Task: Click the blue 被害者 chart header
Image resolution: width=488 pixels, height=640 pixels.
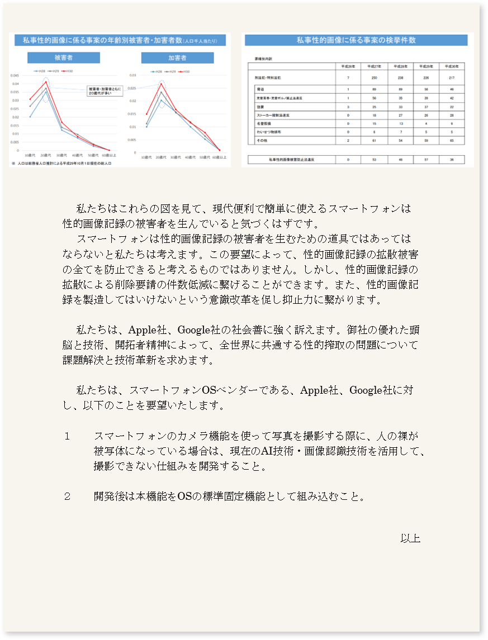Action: click(x=64, y=58)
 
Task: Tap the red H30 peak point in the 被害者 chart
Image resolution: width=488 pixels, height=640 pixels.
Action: click(x=46, y=82)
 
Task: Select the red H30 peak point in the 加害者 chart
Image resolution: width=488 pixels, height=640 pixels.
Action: click(x=162, y=84)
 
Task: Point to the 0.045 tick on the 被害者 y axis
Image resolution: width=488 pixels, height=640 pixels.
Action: click(x=16, y=75)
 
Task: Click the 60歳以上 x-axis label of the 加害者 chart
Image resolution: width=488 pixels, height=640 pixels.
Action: click(x=220, y=157)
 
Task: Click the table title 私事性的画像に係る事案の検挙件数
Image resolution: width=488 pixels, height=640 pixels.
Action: click(x=356, y=40)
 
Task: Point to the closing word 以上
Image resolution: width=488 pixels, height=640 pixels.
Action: click(x=410, y=538)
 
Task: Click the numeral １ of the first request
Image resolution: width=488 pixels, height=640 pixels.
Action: click(x=67, y=436)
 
